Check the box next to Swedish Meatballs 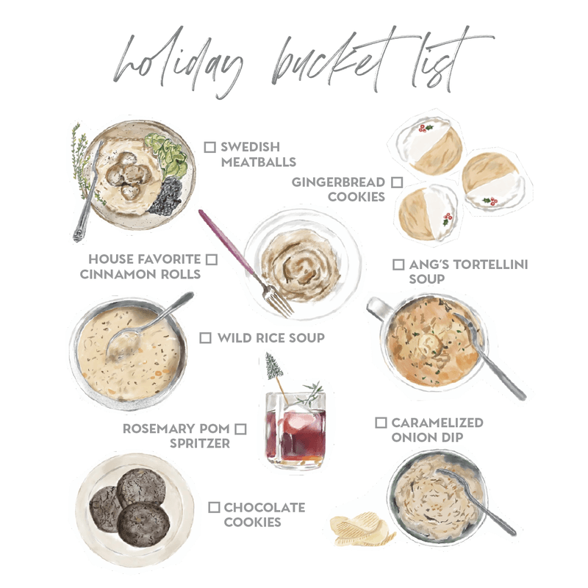pyautogui.click(x=209, y=147)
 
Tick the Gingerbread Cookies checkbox pyautogui.click(x=397, y=182)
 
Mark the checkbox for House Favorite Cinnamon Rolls pyautogui.click(x=212, y=259)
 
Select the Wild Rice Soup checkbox pyautogui.click(x=206, y=337)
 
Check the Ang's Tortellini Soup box pyautogui.click(x=398, y=265)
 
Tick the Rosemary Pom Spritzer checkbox pyautogui.click(x=240, y=429)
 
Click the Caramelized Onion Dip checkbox pyautogui.click(x=381, y=423)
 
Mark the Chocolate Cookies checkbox pyautogui.click(x=214, y=507)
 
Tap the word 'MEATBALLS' pyautogui.click(x=259, y=162)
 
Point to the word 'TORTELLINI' pyautogui.click(x=492, y=265)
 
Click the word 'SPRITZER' pyautogui.click(x=200, y=443)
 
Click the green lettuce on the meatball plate pyautogui.click(x=168, y=154)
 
